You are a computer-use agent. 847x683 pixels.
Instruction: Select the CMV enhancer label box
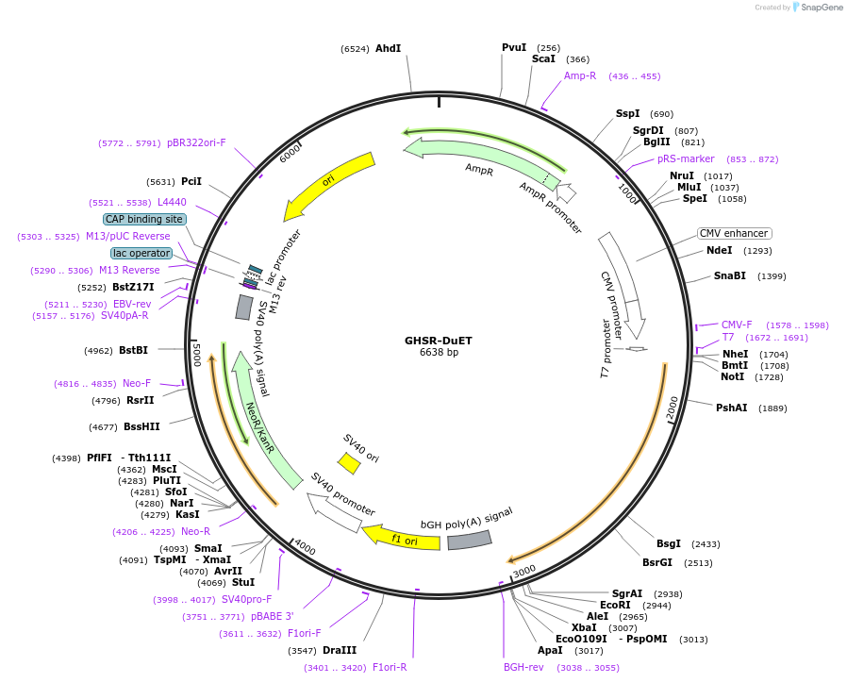click(734, 233)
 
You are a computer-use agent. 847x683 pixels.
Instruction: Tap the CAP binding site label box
click(144, 219)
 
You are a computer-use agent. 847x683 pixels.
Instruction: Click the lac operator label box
click(141, 253)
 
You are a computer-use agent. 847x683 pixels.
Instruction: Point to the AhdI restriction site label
click(388, 48)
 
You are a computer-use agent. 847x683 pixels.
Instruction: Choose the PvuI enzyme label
click(514, 47)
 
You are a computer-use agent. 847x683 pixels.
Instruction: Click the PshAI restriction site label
click(731, 408)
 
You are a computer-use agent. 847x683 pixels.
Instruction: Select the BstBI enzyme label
click(133, 350)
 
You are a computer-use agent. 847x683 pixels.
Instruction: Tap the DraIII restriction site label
click(340, 651)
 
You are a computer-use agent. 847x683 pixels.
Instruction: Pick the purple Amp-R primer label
click(580, 75)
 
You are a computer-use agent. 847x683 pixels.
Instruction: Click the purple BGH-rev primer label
click(523, 667)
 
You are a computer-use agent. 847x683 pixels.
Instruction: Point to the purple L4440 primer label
click(172, 202)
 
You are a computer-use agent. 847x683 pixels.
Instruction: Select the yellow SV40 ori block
click(350, 463)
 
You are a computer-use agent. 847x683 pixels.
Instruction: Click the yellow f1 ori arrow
click(403, 539)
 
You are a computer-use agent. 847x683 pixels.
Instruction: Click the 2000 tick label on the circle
click(672, 408)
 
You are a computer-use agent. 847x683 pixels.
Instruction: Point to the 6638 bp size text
click(440, 353)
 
